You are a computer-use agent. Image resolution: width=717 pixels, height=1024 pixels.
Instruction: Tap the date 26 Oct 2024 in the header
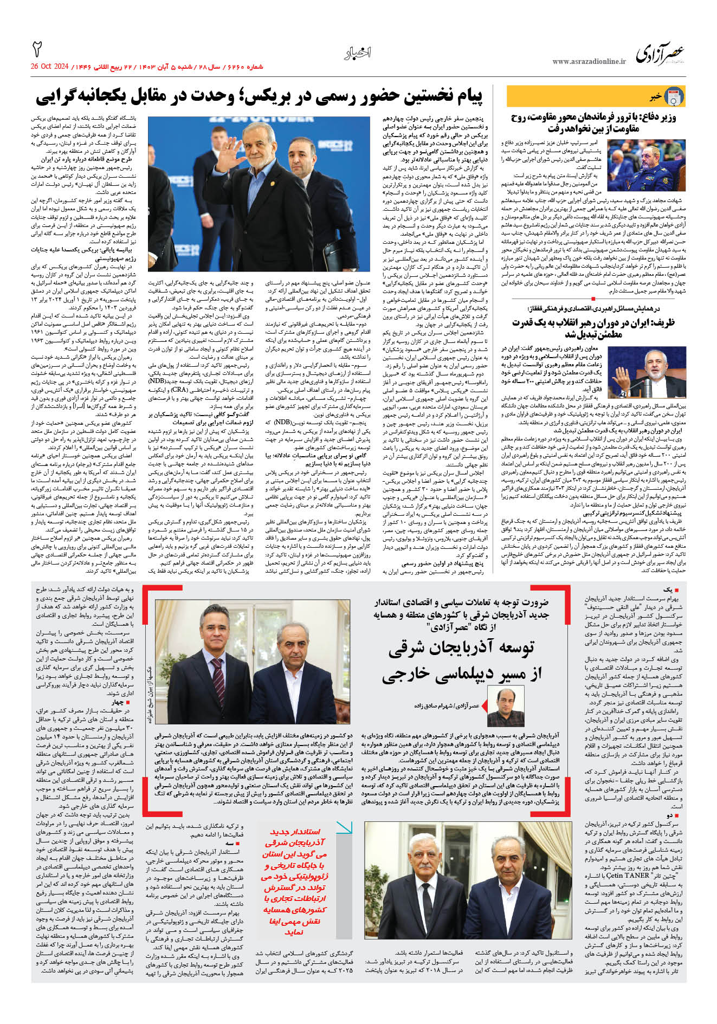50,67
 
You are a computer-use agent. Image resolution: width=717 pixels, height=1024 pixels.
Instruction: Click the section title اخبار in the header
358,53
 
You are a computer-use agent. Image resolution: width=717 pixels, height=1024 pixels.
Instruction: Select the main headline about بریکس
259,96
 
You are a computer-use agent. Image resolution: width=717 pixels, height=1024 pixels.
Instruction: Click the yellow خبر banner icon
674,96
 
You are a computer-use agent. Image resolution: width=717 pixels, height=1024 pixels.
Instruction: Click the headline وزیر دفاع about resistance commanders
593,122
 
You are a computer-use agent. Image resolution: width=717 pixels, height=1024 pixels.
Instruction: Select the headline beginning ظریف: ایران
593,328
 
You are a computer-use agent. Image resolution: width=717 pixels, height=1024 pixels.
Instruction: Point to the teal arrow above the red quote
344,827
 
